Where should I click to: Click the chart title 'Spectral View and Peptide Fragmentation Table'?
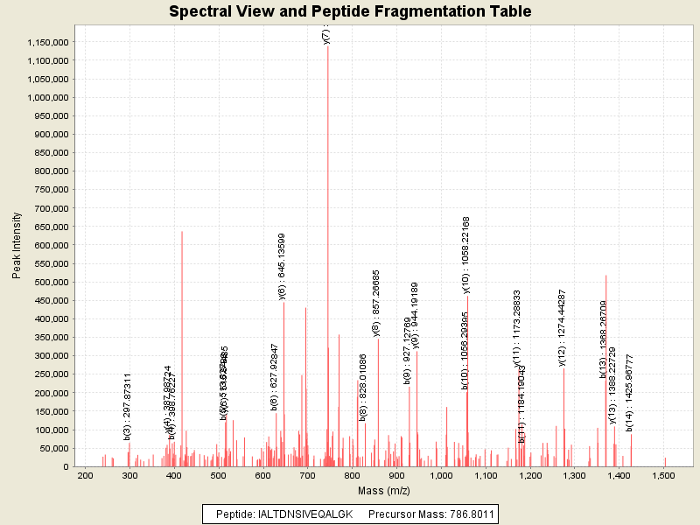point(350,11)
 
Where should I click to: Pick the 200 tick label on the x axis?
point(85,475)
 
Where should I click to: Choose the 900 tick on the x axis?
point(396,475)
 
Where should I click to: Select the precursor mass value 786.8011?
point(465,514)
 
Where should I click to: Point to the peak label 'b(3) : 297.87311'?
point(128,406)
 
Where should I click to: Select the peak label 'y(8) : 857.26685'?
point(376,303)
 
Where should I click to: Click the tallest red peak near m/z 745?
point(328,262)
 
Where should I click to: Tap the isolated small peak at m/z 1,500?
point(664,461)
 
